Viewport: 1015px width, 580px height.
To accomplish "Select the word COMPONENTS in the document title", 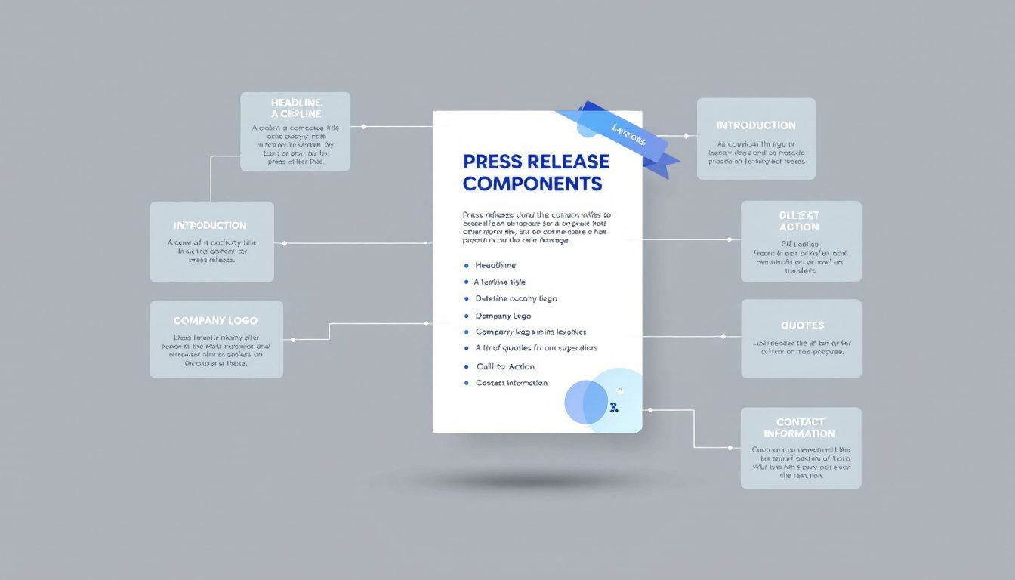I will click(532, 184).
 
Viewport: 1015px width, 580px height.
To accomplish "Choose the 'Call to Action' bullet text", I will click(505, 366).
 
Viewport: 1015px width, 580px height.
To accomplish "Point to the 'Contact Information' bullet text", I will click(511, 383).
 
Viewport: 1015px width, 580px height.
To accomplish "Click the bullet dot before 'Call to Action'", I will click(466, 366).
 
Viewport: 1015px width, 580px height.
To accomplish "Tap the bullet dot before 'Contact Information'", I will click(466, 384).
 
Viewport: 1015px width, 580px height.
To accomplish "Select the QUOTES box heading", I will click(802, 325).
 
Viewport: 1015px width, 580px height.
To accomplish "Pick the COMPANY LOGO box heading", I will click(216, 321).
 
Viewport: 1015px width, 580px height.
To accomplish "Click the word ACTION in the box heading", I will click(799, 227).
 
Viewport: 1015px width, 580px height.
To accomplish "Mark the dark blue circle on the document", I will click(586, 402).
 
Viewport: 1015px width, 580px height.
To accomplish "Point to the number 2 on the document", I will click(613, 407).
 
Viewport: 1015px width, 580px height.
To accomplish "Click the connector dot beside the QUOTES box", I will click(725, 336).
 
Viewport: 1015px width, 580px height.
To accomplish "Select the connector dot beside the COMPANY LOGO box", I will click(292, 339).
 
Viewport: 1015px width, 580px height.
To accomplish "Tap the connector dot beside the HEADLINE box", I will click(363, 127).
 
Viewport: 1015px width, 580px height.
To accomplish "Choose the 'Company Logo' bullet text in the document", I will click(503, 316).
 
